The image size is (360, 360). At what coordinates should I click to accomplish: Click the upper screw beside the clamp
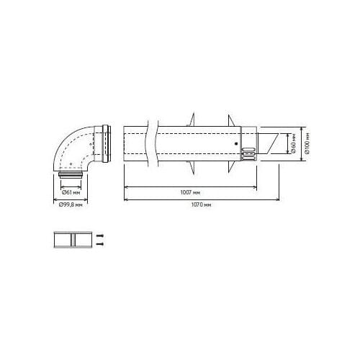[101, 236]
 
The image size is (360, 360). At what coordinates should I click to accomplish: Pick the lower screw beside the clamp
[101, 245]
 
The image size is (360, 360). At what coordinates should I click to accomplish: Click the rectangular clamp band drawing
[72, 240]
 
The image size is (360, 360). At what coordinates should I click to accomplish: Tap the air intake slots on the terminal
[247, 153]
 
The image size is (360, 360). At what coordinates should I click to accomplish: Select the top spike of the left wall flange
[194, 115]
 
